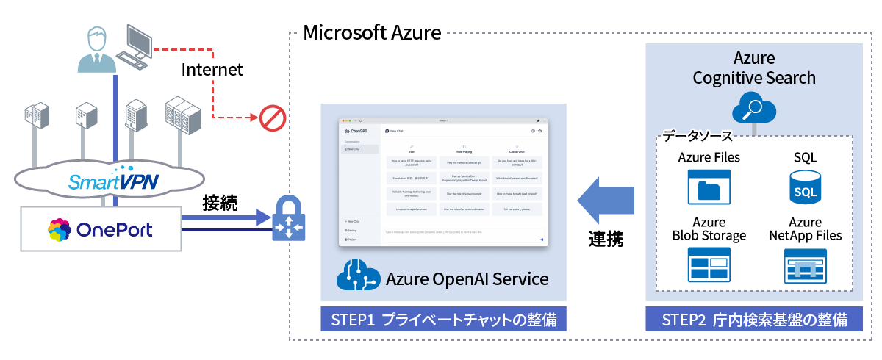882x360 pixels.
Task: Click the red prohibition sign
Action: pos(272,116)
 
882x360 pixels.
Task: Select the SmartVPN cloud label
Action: pos(114,179)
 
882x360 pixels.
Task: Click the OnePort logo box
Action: pos(100,230)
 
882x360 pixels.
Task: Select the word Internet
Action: pos(212,71)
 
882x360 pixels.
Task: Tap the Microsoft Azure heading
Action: pos(372,32)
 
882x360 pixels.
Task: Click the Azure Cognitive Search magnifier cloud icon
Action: pos(754,109)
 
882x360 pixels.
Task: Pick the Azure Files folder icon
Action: pos(710,187)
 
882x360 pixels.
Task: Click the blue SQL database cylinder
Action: pos(805,188)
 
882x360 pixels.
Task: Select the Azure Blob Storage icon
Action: pos(709,265)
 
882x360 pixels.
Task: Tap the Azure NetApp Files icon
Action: pos(805,265)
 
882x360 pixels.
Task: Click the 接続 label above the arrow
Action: pos(220,204)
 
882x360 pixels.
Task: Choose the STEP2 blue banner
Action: pos(754,320)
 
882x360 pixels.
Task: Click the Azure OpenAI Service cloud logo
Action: pos(357,278)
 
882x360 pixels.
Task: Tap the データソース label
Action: pos(697,136)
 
